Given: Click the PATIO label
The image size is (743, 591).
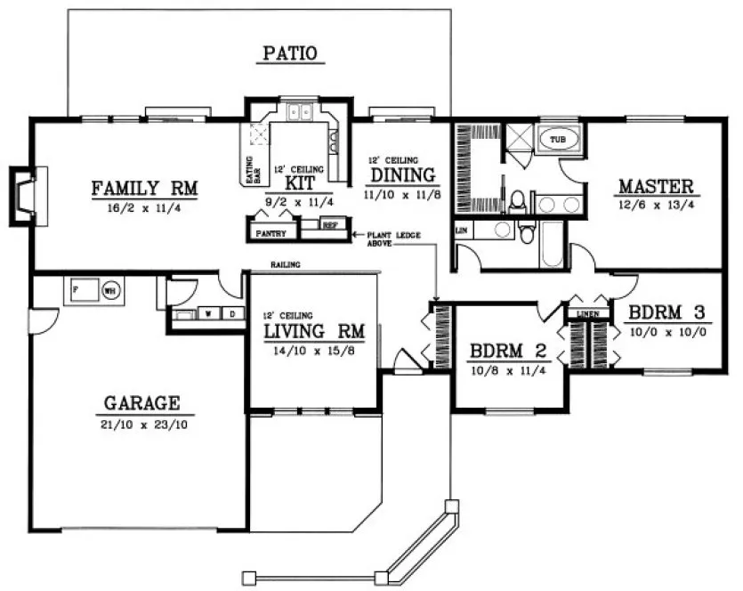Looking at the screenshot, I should click(x=290, y=54).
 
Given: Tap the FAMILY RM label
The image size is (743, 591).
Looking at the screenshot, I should click(x=144, y=189).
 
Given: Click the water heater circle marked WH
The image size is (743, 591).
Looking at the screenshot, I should click(x=110, y=289).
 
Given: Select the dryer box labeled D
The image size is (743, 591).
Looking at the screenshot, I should click(x=231, y=313).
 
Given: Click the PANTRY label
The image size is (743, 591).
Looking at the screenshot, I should click(x=271, y=233).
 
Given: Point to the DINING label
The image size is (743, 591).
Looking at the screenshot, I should click(x=402, y=174).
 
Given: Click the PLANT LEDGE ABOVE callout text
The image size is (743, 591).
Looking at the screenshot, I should click(x=390, y=238).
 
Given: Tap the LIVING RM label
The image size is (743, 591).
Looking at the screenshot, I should click(x=313, y=331).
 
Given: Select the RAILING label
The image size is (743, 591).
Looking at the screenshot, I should click(x=287, y=265).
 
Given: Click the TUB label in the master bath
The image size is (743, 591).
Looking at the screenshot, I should click(x=557, y=141).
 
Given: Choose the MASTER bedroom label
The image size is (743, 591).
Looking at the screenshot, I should click(x=655, y=186).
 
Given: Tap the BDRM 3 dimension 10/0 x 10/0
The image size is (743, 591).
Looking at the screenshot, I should click(x=667, y=332).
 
